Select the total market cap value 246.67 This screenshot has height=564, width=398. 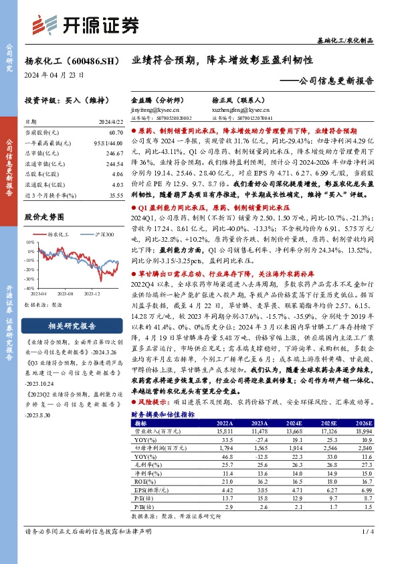(114, 153)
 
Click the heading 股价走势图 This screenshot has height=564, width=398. (43, 217)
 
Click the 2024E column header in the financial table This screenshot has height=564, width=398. (294, 423)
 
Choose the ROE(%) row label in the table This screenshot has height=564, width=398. (142, 480)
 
